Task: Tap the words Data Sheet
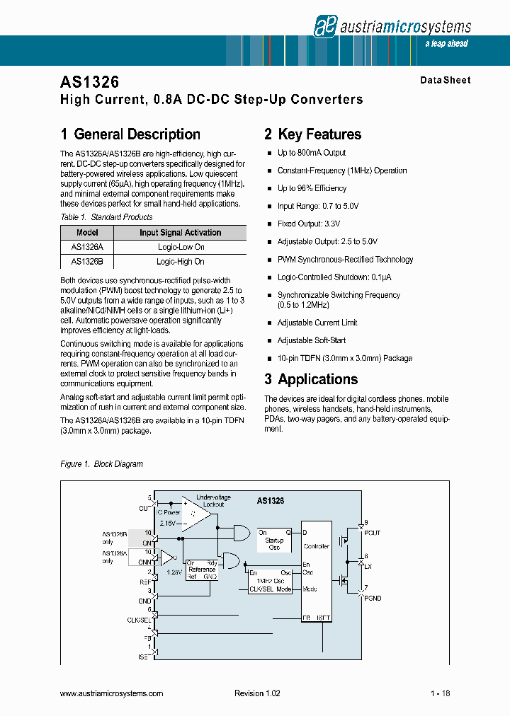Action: pyautogui.click(x=445, y=81)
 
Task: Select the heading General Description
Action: pyautogui.click(x=130, y=134)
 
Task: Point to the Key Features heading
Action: pyautogui.click(x=312, y=134)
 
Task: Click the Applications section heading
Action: pyautogui.click(x=311, y=379)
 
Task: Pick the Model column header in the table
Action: pyautogui.click(x=87, y=233)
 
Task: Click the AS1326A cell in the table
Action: pyautogui.click(x=87, y=247)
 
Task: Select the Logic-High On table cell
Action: pyautogui.click(x=180, y=261)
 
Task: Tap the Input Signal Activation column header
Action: pyautogui.click(x=180, y=233)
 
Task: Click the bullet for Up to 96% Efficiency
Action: pyautogui.click(x=269, y=189)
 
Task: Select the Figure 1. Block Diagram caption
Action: pyautogui.click(x=102, y=464)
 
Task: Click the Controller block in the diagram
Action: pyautogui.click(x=316, y=547)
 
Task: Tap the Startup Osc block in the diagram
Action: pyautogui.click(x=273, y=543)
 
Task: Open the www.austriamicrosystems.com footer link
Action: pyautogui.click(x=112, y=694)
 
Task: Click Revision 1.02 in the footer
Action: pyautogui.click(x=257, y=694)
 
